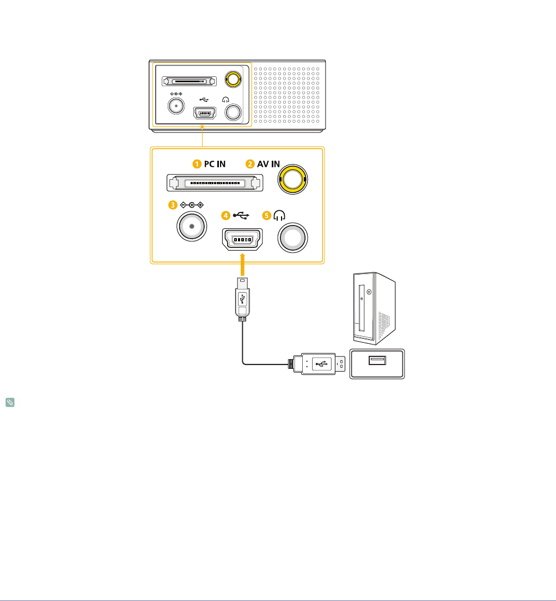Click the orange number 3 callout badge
(173, 205)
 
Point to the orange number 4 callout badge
(225, 215)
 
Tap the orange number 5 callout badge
(266, 215)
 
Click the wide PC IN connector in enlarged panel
(215, 183)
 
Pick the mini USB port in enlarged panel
(241, 240)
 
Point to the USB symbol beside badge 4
(240, 215)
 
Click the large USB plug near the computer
(319, 364)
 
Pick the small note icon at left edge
(10, 404)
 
